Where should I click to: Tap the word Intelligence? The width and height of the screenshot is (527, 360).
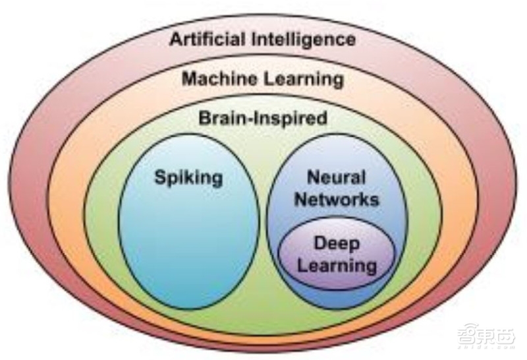[308, 39]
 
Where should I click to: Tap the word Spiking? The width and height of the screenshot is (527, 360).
[188, 177]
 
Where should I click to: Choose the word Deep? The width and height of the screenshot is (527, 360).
[336, 244]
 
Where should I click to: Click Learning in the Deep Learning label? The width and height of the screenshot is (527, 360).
[337, 266]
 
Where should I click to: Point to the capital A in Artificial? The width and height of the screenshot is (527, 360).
[176, 39]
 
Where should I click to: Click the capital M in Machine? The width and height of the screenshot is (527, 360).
[188, 80]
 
